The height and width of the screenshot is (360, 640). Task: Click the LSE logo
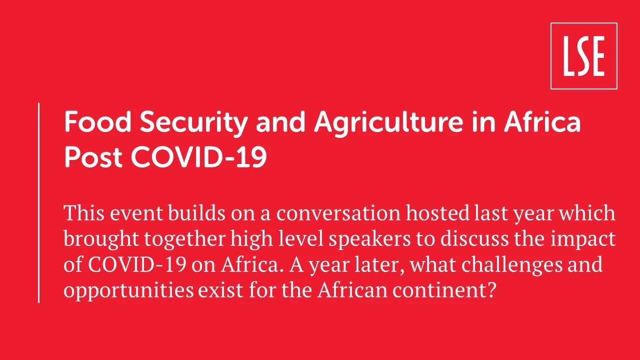[x=584, y=56]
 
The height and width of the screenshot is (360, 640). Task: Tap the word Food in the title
[x=97, y=122]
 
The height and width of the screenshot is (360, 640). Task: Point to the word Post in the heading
[x=93, y=157]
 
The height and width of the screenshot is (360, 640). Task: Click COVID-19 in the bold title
[x=199, y=156]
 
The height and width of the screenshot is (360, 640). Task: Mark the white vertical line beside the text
[x=38, y=202]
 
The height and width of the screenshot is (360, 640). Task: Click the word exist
[x=221, y=290]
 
